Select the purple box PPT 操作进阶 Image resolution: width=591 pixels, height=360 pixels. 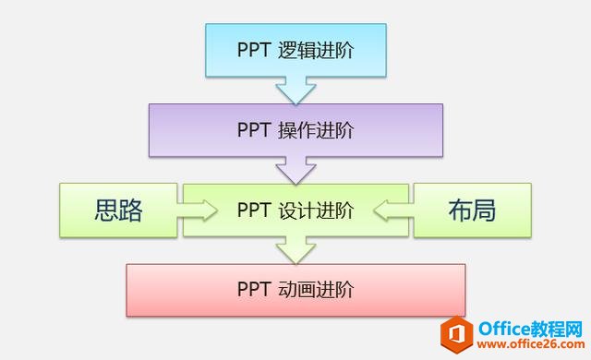tap(295, 129)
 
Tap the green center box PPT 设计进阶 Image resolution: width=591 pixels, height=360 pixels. tap(295, 210)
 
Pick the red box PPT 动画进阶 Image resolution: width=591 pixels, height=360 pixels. tap(295, 290)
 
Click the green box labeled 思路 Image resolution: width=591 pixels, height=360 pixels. tap(118, 210)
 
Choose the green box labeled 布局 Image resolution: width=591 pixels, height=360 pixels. tap(472, 210)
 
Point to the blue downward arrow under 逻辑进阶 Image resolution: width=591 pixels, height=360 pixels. tap(295, 90)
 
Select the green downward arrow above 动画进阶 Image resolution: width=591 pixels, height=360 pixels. tap(295, 249)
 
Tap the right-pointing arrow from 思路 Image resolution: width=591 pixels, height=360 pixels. tap(197, 210)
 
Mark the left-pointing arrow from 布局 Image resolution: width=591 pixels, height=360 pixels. tap(393, 210)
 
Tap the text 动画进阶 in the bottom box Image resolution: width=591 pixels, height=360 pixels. tap(316, 290)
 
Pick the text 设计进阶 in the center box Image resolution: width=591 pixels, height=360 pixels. tap(316, 210)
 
